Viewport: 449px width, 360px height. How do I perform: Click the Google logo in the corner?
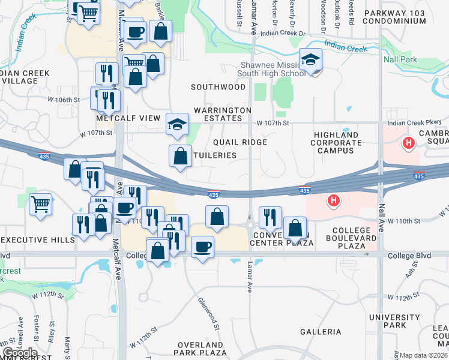pos(20,353)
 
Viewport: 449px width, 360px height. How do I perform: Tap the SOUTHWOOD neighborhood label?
pos(218,87)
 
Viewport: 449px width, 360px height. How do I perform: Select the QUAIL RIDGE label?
pos(240,142)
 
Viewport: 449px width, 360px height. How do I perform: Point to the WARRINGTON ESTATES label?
pos(223,115)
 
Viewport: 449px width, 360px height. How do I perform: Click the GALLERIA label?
pos(321,332)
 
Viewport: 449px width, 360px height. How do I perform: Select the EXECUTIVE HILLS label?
pos(37,239)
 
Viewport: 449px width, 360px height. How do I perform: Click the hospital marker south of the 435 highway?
pos(332,200)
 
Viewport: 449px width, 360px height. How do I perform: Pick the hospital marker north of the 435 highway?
pos(408,143)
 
